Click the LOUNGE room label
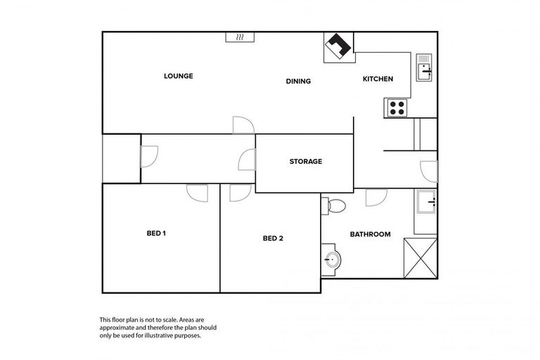point(178,76)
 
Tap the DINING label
point(298,81)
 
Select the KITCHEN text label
point(378,79)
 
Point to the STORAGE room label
point(306,162)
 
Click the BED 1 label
point(155,233)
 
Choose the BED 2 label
point(273,238)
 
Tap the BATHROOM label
point(370,234)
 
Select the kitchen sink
point(425,67)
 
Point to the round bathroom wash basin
point(331,260)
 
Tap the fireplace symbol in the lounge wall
point(239,37)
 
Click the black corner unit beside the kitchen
point(338,47)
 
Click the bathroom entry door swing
point(374,198)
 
